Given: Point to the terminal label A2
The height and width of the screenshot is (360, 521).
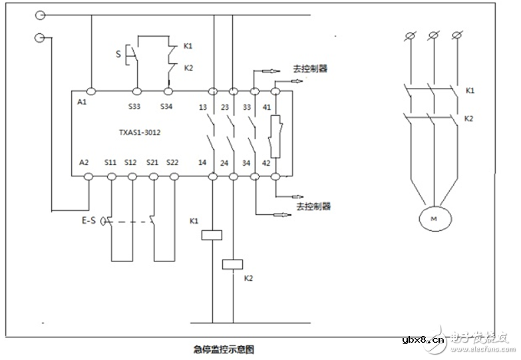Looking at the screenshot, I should (x=84, y=162).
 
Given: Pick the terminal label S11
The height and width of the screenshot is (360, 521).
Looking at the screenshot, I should (x=111, y=162).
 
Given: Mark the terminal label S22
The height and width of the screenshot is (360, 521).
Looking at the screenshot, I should (x=172, y=162).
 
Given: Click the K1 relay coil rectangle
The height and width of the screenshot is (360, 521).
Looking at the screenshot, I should (x=212, y=234).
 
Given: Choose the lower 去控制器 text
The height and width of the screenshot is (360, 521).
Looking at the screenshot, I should (x=313, y=207).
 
